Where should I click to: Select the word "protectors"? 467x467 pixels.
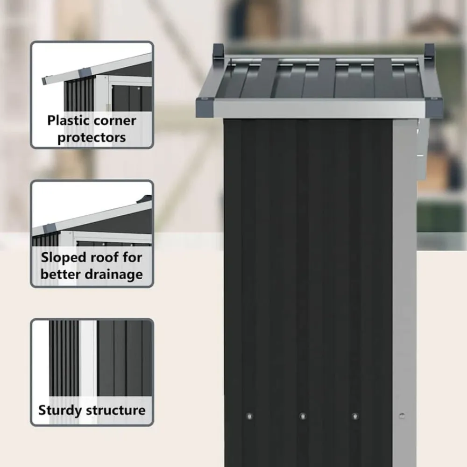tap(92, 138)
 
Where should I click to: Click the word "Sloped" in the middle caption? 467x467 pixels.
tap(63, 258)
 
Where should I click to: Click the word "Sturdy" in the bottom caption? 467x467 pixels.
tap(60, 410)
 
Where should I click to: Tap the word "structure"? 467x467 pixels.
tap(116, 410)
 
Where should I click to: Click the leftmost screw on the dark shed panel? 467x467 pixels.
tap(249, 417)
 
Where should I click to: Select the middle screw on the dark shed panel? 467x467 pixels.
tap(303, 416)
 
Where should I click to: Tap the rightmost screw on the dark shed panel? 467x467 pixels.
tap(355, 416)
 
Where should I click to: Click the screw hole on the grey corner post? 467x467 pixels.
tap(402, 416)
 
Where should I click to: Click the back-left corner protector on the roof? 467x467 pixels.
tap(218, 52)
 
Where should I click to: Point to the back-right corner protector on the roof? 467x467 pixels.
tap(429, 51)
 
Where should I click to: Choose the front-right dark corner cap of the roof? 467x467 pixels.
tap(434, 107)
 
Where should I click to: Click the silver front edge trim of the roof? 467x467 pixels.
tap(319, 109)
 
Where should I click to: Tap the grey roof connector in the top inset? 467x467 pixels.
tap(85, 72)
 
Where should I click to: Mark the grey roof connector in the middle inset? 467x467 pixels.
tap(50, 229)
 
